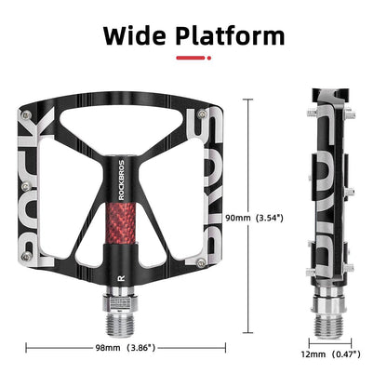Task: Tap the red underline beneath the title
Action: pos(193,60)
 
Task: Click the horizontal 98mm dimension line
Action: pos(56,349)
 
